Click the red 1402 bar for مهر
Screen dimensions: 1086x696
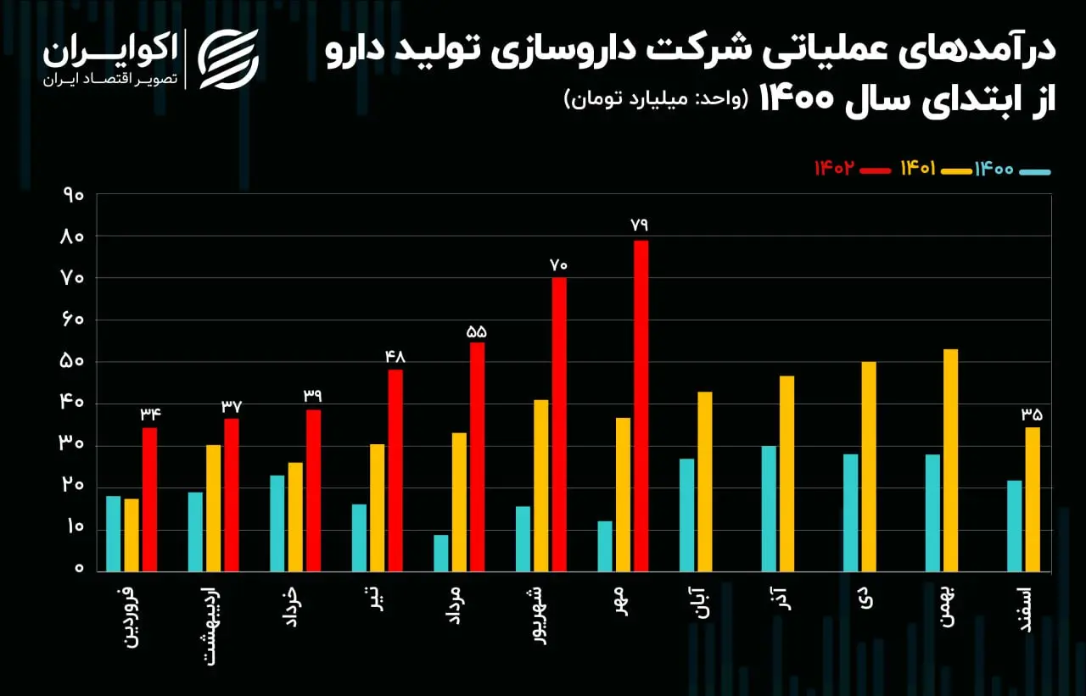click(x=641, y=406)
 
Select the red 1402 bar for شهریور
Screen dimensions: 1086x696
click(x=559, y=425)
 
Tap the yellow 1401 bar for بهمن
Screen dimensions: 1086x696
click(x=950, y=460)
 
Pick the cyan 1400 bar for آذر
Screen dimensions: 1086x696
click(x=769, y=509)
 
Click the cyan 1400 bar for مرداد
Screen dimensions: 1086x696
click(x=440, y=553)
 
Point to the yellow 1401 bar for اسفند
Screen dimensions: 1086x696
click(x=1033, y=499)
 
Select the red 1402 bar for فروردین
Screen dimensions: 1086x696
click(x=149, y=500)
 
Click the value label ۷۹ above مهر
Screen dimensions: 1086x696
click(x=639, y=225)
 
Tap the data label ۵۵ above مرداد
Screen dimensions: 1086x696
click(x=476, y=331)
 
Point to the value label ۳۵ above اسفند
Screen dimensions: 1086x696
click(x=1031, y=415)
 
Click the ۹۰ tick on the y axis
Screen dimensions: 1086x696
click(x=73, y=196)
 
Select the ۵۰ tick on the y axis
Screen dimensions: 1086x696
click(x=72, y=362)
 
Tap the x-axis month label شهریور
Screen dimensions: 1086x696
click(x=540, y=616)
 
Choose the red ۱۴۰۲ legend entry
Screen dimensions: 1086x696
click(x=853, y=169)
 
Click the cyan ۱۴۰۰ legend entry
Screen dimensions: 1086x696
click(x=1012, y=170)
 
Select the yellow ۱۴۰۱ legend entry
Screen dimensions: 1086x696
click(x=937, y=169)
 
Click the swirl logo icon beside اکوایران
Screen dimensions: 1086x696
click(x=228, y=59)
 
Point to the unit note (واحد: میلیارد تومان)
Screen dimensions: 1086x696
click(x=657, y=99)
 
